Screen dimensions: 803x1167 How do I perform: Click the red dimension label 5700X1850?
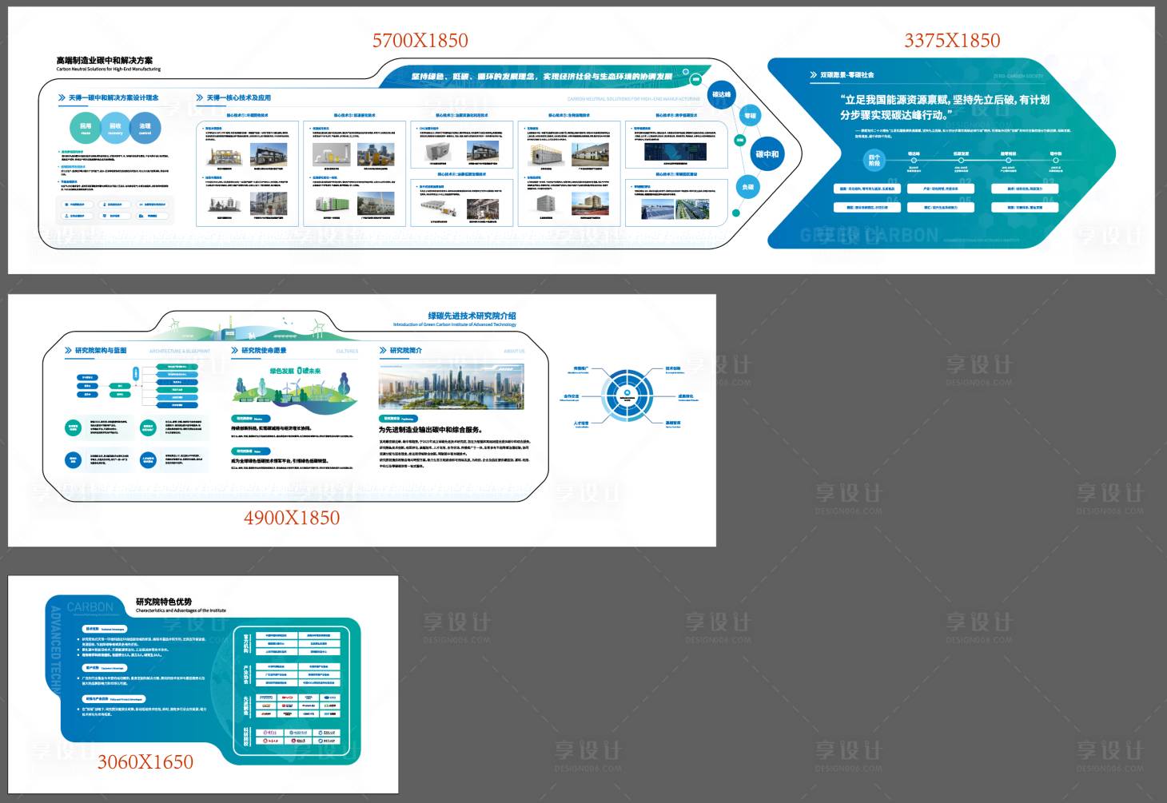[420, 41]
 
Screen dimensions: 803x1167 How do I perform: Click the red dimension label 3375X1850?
[952, 41]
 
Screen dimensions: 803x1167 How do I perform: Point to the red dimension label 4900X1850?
[292, 518]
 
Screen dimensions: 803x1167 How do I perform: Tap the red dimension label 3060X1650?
[145, 762]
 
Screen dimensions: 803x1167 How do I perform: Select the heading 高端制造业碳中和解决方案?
[104, 60]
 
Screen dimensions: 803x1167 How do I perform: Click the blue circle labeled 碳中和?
[767, 154]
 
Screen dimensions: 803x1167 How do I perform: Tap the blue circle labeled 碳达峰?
[722, 95]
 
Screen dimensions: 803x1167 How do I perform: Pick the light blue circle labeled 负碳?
[748, 187]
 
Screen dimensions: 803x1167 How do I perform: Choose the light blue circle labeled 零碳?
[750, 117]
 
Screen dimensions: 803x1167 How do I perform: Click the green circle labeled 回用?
[86, 128]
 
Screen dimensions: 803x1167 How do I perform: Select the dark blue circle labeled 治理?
[145, 128]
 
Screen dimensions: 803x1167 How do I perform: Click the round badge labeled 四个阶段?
[874, 160]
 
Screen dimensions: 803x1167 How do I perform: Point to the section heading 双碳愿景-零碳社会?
[846, 75]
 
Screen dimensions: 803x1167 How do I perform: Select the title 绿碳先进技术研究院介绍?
[472, 316]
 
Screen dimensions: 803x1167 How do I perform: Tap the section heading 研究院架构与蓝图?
[101, 351]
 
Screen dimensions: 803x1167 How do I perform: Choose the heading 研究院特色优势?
[164, 602]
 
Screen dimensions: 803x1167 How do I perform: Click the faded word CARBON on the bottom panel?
[90, 607]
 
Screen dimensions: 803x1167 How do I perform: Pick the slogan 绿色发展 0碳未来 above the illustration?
[295, 371]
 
